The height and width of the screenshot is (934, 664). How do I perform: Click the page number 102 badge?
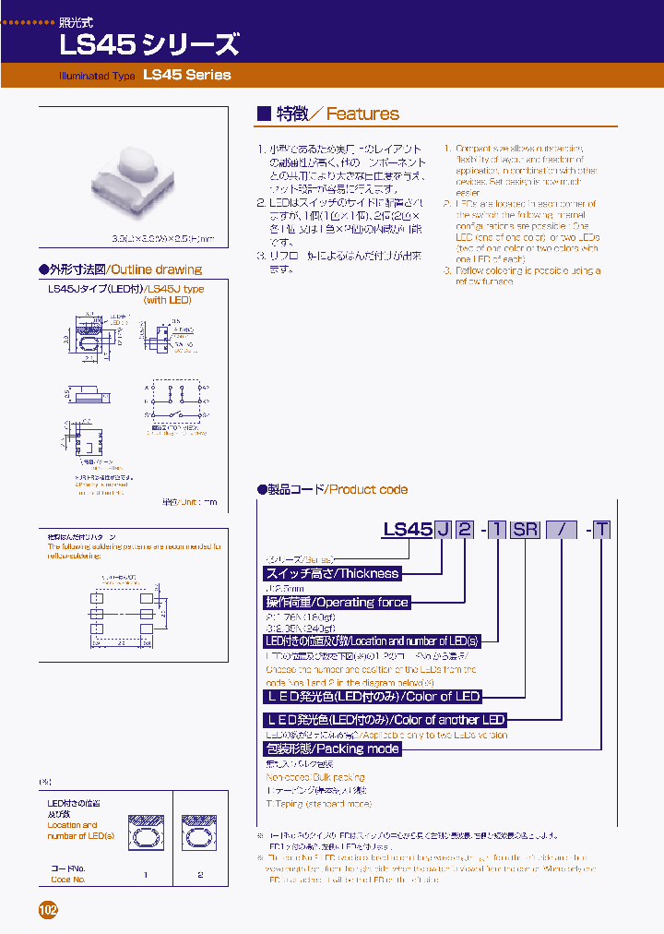tap(48, 910)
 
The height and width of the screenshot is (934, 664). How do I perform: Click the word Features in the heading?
tap(362, 114)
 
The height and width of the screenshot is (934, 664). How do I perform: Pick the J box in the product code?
tap(444, 529)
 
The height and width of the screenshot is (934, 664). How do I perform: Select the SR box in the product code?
tap(526, 529)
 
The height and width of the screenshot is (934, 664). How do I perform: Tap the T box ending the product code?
tap(601, 529)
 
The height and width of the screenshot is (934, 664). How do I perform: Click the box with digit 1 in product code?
tap(497, 529)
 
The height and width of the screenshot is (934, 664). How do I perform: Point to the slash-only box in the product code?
tap(561, 529)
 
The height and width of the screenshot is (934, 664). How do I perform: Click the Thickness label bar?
tap(332, 573)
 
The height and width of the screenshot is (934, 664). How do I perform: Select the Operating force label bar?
tap(337, 602)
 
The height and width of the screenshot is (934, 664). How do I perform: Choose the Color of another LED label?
tap(385, 719)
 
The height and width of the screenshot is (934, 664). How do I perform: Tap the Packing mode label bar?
tap(332, 748)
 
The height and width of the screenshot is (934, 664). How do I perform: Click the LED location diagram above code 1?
tap(145, 833)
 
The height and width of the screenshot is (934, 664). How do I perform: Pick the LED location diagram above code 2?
tap(200, 833)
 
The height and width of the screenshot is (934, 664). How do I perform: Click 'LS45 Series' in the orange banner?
tap(187, 75)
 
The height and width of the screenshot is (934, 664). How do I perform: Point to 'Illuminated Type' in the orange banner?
tap(98, 76)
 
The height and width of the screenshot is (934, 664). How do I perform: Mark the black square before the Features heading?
tap(263, 114)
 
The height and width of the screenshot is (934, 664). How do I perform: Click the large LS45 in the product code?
tap(407, 529)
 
